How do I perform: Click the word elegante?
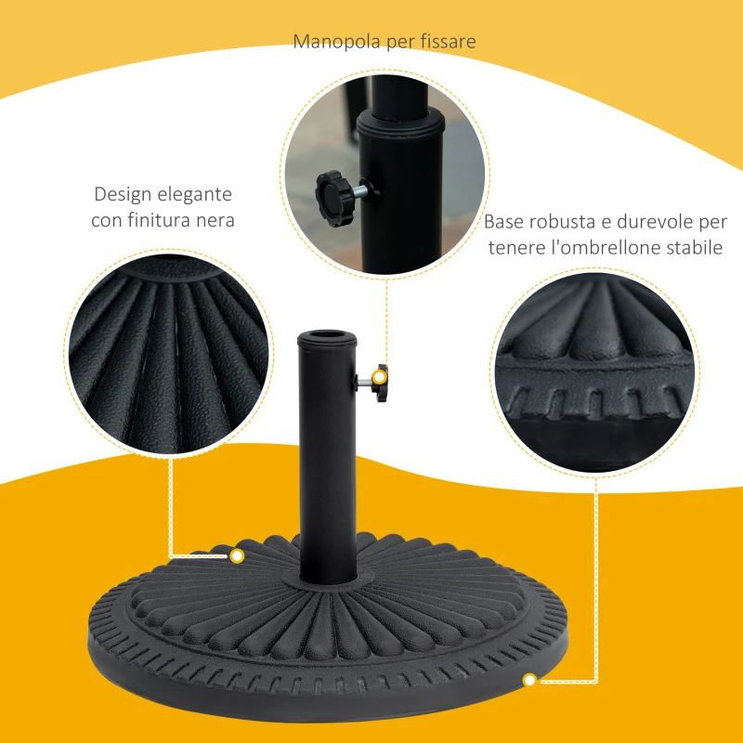click(x=196, y=195)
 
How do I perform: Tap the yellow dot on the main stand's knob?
click(x=378, y=377)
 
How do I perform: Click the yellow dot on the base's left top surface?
click(x=237, y=556)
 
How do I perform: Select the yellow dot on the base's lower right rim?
click(x=530, y=681)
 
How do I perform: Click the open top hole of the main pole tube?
click(x=325, y=334)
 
